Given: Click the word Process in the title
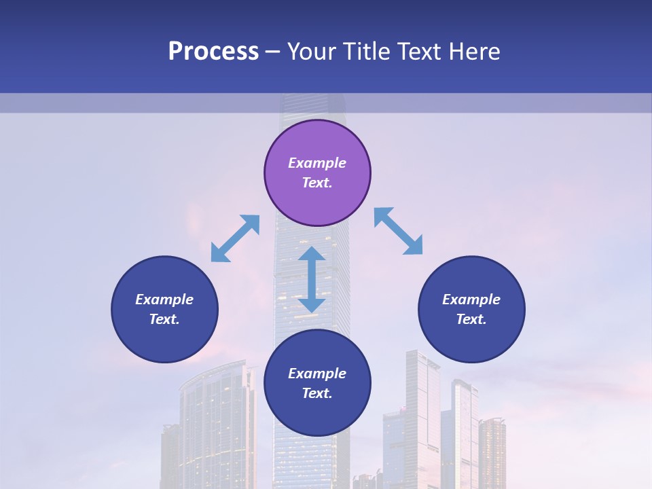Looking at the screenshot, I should [213, 52].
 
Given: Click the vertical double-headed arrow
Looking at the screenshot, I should [312, 279].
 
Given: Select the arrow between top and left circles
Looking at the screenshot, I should [235, 238].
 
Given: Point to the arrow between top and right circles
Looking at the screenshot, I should [399, 231].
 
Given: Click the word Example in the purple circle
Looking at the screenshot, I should [317, 163].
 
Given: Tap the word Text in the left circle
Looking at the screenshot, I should [164, 319].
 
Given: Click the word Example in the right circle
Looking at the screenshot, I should [471, 300].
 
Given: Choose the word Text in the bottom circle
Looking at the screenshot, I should [317, 393].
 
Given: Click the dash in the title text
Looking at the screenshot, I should [273, 52].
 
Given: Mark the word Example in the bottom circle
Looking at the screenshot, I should [317, 374].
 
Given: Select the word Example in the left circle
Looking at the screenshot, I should [164, 300].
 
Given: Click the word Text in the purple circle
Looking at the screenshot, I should [317, 183].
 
